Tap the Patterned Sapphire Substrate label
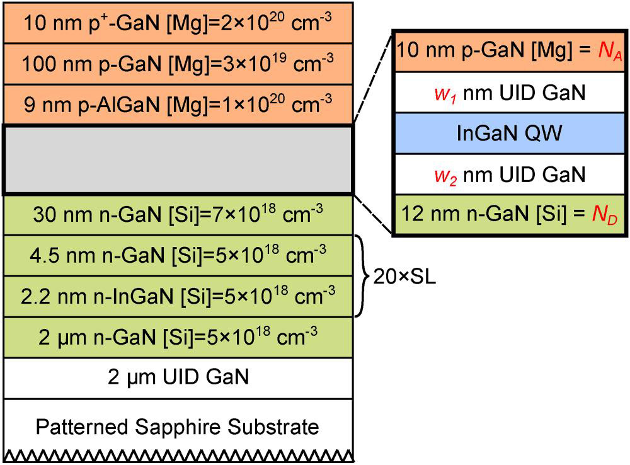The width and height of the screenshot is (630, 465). [x=178, y=427]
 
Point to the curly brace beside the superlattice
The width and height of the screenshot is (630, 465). [x=363, y=276]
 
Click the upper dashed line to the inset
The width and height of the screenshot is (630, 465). [x=372, y=82]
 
